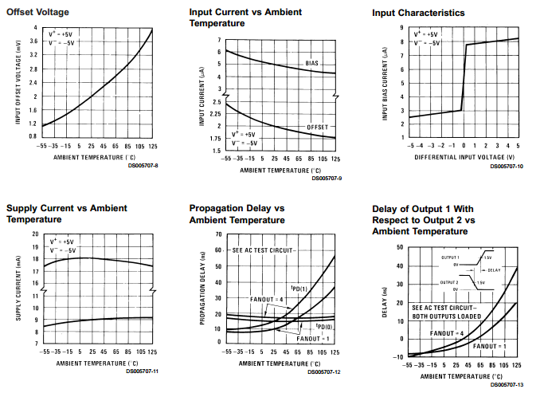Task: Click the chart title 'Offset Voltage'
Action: click(37, 13)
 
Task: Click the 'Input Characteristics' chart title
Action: click(418, 13)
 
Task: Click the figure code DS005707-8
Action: click(143, 165)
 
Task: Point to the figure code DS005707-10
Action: click(507, 166)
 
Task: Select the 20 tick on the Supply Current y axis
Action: click(34, 234)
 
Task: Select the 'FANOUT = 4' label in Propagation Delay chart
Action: click(267, 300)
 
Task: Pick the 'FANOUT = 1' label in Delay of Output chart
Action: click(488, 346)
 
